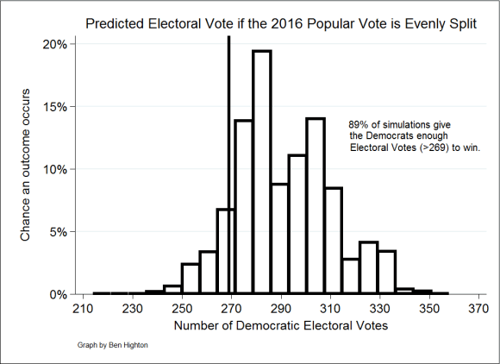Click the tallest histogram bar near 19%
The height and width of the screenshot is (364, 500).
pyautogui.click(x=261, y=173)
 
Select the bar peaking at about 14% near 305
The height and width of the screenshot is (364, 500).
pyautogui.click(x=315, y=207)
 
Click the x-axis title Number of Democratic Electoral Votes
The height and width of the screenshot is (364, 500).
pyautogui.click(x=279, y=326)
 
